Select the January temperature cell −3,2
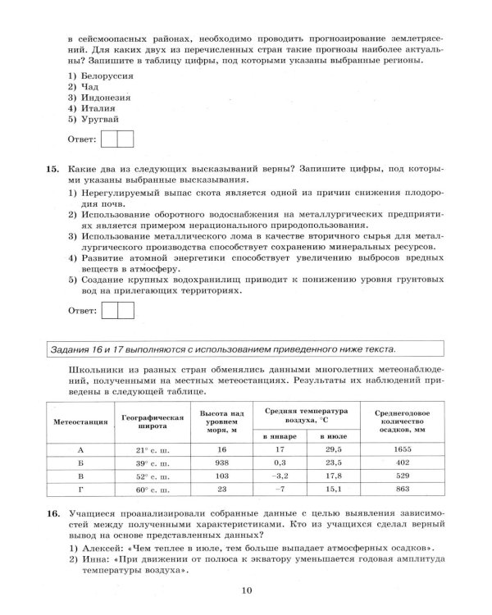pyautogui.click(x=280, y=476)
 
